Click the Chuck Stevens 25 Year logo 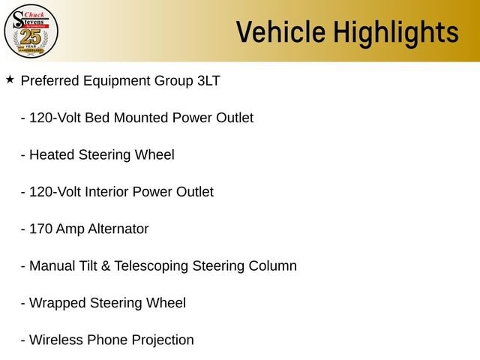click(x=31, y=31)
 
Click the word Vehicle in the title click(x=280, y=31)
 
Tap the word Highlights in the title click(x=396, y=34)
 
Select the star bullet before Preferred click(x=10, y=79)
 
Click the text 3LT click(x=208, y=81)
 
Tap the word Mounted click(x=141, y=118)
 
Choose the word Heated click(x=52, y=155)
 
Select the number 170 click(x=40, y=229)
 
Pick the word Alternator click(x=119, y=229)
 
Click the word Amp click(x=70, y=230)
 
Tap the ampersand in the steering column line click(x=106, y=266)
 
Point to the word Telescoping click(x=151, y=267)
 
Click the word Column click(x=273, y=266)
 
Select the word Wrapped click(x=58, y=304)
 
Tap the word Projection click(x=163, y=341)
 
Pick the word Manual click(x=52, y=266)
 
